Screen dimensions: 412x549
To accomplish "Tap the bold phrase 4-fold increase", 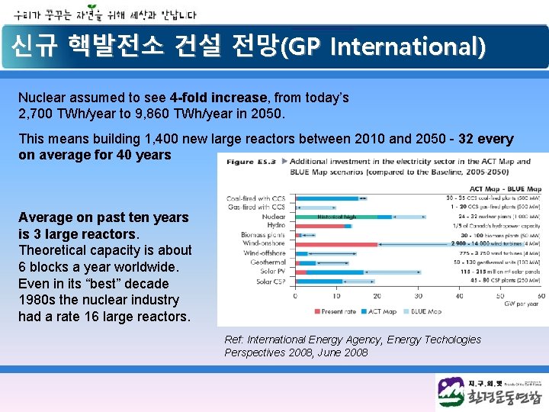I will tap(219, 98).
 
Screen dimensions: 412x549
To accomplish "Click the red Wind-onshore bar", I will tap(336, 244).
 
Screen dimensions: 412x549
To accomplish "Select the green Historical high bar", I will tap(335, 217).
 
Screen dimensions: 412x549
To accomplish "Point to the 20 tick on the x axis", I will tap(377, 296).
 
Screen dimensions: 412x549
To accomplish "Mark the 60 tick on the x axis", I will tap(541, 296).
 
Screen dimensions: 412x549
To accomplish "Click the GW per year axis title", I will tap(522, 304).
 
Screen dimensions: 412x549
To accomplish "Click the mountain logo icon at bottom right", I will tap(451, 392).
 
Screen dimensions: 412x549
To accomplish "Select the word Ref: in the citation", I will tap(233, 340).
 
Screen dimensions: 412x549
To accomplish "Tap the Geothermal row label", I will tap(268, 262).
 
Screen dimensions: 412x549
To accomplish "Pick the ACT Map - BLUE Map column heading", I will tap(505, 188).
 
